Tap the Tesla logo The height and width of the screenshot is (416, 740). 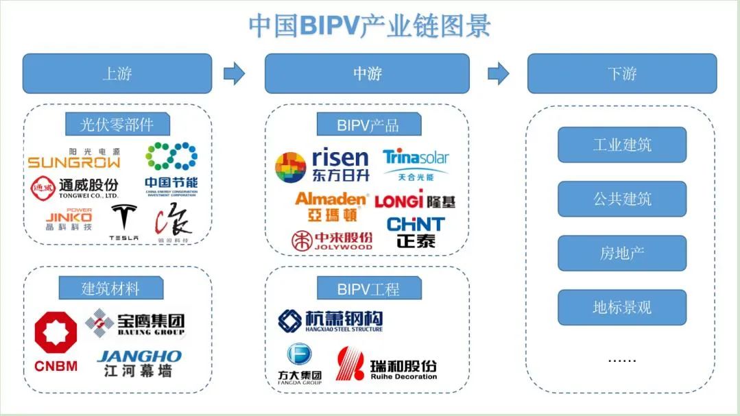tap(124, 222)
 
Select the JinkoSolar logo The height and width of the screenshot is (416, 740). tap(68, 219)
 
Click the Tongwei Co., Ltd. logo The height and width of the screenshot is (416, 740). tap(74, 186)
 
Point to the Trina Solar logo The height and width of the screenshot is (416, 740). tap(416, 164)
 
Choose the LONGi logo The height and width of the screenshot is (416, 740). tap(415, 201)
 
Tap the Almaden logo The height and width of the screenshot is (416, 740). tap(331, 205)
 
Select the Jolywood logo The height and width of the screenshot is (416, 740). tap(332, 241)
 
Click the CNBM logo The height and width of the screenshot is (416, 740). tap(56, 341)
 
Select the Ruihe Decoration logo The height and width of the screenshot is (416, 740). tap(386, 364)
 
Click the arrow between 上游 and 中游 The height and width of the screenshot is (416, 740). tap(235, 73)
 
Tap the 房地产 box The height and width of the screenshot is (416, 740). tap(621, 253)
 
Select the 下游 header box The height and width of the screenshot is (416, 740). tap(621, 73)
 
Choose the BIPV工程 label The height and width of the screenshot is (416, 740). tap(368, 289)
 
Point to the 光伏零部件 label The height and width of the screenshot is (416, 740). tap(117, 125)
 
